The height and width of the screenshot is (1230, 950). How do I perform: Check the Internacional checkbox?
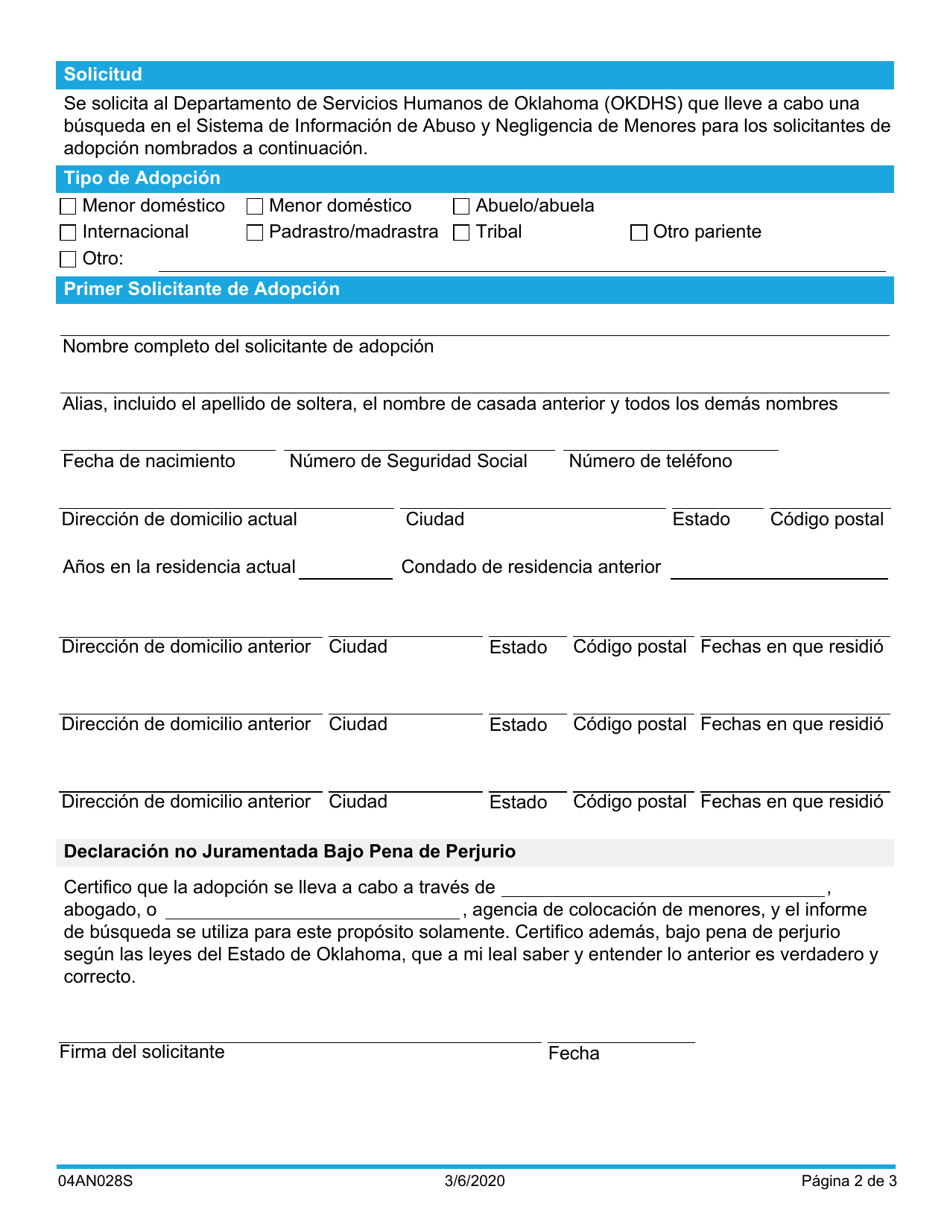[x=68, y=233]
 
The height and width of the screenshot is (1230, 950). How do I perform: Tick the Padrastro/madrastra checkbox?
[x=255, y=233]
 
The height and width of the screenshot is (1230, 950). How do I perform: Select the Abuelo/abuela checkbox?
[x=461, y=207]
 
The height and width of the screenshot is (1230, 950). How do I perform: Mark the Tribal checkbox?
[x=461, y=233]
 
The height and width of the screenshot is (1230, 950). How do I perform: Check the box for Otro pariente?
[x=638, y=233]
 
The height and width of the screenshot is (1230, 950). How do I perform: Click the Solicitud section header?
[x=103, y=75]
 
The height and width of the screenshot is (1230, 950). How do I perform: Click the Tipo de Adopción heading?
[x=141, y=179]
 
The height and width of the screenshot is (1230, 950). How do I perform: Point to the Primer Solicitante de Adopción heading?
[x=201, y=289]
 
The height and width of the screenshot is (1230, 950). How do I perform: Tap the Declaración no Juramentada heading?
[x=289, y=852]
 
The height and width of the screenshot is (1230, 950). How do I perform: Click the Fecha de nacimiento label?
[x=149, y=461]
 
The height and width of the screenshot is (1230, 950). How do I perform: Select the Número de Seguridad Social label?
[x=408, y=461]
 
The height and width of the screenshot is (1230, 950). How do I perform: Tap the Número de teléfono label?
[x=650, y=461]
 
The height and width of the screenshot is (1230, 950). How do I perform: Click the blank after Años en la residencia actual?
[x=346, y=568]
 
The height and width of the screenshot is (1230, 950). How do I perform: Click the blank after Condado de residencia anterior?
[x=778, y=568]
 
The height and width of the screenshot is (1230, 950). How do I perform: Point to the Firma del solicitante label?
[x=142, y=1052]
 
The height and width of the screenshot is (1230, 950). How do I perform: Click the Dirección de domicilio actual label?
[x=179, y=519]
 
